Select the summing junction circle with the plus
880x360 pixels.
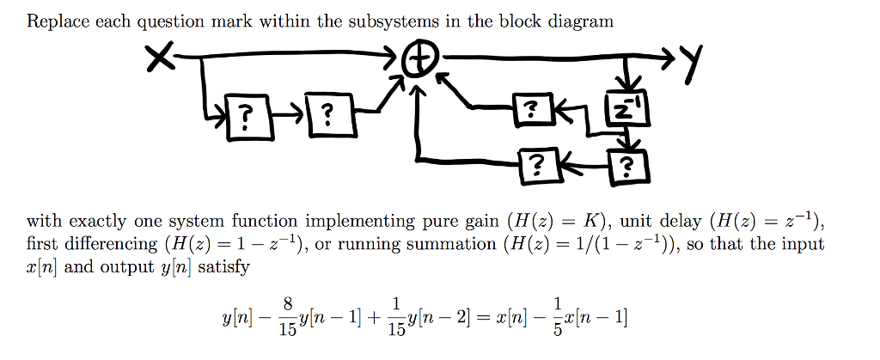420,63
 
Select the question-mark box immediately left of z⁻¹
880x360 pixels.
534,109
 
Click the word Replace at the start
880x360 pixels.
57,21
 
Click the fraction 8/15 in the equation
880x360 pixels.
286,320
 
